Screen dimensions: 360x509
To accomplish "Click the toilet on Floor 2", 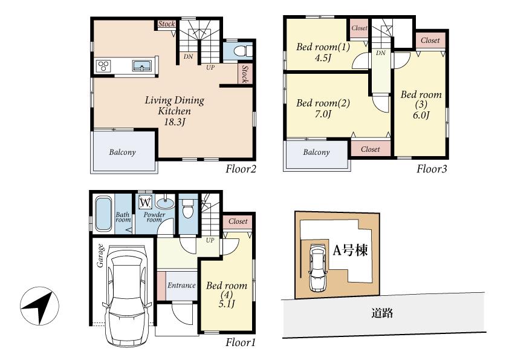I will pyautogui.click(x=238, y=50).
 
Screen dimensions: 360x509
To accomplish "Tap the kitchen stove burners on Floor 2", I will pyautogui.click(x=102, y=66).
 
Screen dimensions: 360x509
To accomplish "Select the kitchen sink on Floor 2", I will pyautogui.click(x=143, y=65).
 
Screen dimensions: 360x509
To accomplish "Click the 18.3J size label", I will pyautogui.click(x=174, y=122).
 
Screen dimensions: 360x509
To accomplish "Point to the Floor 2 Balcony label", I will pyautogui.click(x=122, y=152).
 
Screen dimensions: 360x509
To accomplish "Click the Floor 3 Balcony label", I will pyautogui.click(x=316, y=152).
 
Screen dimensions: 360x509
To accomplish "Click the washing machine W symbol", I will pyautogui.click(x=146, y=201).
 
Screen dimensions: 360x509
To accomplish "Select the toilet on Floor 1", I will pyautogui.click(x=187, y=209).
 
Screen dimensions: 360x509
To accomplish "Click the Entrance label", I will pyautogui.click(x=181, y=286).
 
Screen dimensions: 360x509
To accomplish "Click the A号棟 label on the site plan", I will pyautogui.click(x=350, y=250).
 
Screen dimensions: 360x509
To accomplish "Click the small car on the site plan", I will pyautogui.click(x=317, y=268).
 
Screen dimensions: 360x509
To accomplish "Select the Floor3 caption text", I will pyautogui.click(x=432, y=169).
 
